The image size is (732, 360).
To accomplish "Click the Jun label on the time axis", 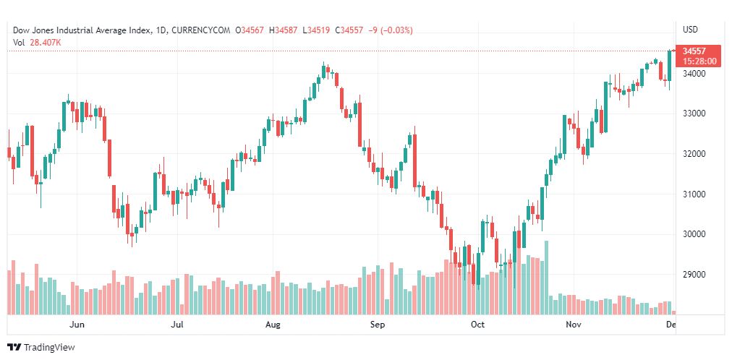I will pos(77,325).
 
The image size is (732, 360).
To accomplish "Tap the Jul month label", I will pos(176,325).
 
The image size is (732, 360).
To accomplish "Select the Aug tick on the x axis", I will pos(273,325).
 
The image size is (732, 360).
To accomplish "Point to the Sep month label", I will pos(376,325).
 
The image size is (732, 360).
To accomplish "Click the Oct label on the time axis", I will pos(477,325).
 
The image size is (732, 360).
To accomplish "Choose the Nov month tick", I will pos(574,325).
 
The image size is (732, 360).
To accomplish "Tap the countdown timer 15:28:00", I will pos(699,61).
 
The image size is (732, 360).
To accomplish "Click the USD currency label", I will pos(691,30).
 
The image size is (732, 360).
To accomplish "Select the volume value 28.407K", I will pos(45,42).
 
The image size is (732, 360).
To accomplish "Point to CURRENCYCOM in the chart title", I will pos(205,30).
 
